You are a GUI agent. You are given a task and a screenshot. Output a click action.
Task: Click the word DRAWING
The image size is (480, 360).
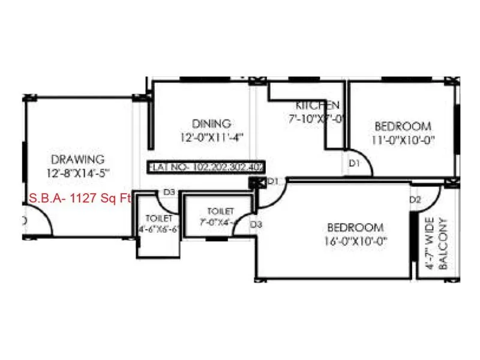point(78,160)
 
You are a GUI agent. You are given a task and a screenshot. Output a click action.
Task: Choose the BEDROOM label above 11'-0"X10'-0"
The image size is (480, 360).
point(403,127)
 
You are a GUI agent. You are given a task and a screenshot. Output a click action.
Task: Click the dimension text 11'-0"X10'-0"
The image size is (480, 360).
point(403,140)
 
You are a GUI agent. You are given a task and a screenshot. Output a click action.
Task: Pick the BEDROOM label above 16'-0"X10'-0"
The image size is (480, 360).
point(355,227)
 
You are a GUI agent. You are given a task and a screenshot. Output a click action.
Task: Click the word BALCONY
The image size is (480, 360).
point(443,244)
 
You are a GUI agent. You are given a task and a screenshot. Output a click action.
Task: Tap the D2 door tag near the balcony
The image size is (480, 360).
point(415,199)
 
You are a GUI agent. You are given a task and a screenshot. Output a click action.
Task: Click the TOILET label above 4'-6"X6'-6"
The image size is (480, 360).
point(159,218)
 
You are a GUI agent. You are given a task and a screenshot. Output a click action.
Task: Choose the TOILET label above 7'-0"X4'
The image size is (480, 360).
point(220,211)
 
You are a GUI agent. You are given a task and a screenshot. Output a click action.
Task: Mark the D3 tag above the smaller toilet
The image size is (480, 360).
point(169,192)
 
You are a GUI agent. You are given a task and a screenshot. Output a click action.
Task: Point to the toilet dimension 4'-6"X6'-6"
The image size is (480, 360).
point(159,229)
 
